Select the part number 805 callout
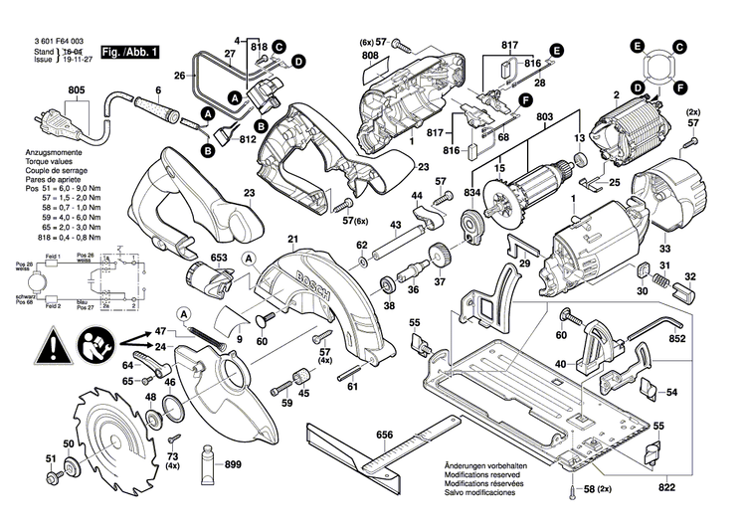coord(77,89)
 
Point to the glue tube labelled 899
coord(211,463)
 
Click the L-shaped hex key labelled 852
coord(655,323)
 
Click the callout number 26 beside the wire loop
coord(180,76)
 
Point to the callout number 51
coord(51,457)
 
